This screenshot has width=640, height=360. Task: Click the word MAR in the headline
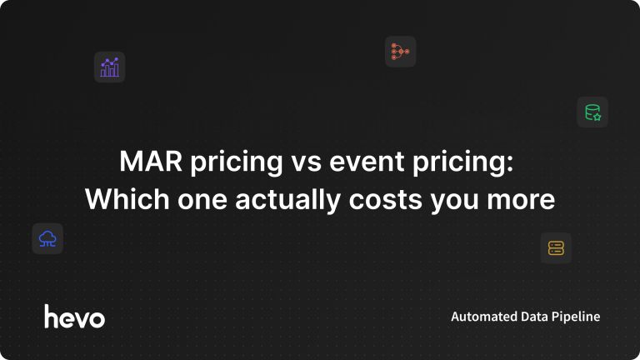pos(151,161)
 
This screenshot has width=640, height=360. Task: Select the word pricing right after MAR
pos(237,162)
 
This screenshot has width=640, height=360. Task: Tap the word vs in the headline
pos(306,163)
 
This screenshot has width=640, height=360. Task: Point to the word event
pos(367,162)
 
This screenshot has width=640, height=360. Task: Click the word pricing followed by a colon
pos(462,162)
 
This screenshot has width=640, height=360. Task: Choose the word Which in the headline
pos(127,199)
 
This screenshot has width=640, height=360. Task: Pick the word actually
pos(287,201)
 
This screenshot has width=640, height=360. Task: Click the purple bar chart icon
pos(109,67)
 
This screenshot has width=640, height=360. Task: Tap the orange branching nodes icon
pos(400,52)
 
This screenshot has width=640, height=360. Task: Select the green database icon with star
pos(592,112)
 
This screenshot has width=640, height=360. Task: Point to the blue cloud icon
pos(47,239)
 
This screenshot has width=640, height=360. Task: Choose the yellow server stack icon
pos(556,248)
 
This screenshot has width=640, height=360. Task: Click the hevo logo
pos(75,317)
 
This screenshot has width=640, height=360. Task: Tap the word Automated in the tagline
pos(479,317)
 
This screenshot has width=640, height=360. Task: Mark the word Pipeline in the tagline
pos(576,317)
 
